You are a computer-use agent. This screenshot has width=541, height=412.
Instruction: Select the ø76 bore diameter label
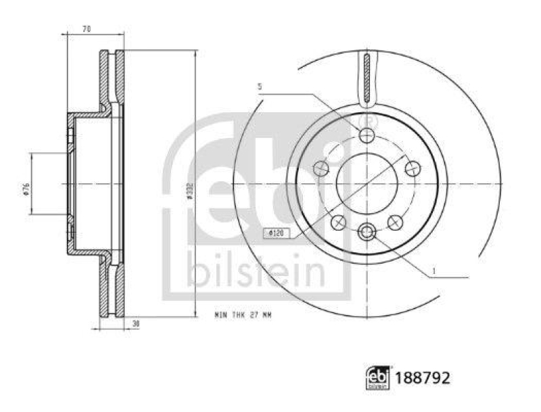click(x=25, y=189)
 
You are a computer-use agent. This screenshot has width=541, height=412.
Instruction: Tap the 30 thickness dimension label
click(x=136, y=324)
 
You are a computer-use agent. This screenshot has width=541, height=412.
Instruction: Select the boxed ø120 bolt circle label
click(x=276, y=233)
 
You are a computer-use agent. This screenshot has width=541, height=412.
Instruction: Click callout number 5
click(x=259, y=87)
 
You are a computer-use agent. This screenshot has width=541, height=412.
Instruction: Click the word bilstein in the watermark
click(x=256, y=271)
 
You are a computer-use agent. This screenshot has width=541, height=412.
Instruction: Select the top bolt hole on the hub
click(x=367, y=136)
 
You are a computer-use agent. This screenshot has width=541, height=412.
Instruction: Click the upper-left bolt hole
click(x=322, y=168)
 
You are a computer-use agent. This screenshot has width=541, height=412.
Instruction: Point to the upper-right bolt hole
click(x=412, y=168)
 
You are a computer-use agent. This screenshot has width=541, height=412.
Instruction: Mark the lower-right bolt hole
click(x=396, y=221)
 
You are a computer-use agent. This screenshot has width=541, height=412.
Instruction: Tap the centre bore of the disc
click(x=367, y=183)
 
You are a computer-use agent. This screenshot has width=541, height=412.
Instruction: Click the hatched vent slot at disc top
click(x=366, y=78)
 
